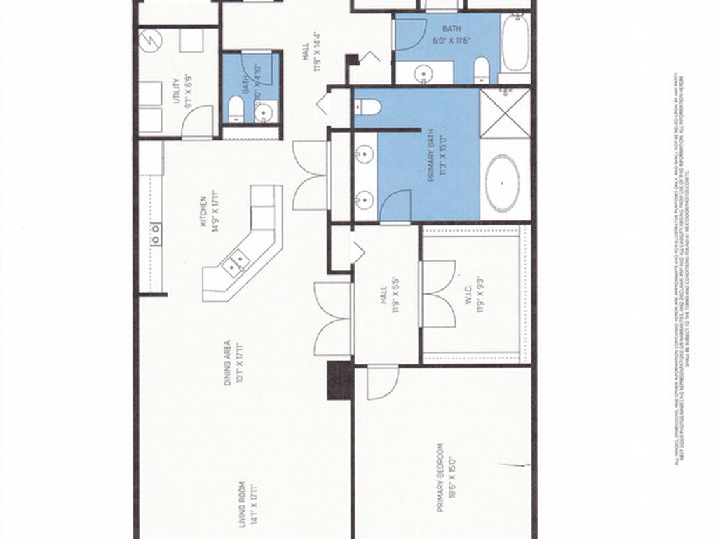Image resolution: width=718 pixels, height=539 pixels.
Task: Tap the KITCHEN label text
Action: click(205, 211)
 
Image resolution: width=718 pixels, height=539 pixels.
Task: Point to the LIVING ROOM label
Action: click(245, 504)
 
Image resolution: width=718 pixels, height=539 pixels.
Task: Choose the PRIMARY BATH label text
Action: click(435, 160)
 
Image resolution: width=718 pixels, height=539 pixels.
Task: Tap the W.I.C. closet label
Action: click(480, 293)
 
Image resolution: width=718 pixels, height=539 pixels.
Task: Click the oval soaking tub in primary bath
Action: click(503, 184)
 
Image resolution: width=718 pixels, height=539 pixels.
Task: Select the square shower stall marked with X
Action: click(506, 113)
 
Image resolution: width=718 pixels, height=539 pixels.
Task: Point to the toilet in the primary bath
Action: click(367, 107)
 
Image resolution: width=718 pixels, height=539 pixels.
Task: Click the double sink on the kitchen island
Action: click(236, 263)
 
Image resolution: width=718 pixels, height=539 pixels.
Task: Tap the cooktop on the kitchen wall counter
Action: click(155, 233)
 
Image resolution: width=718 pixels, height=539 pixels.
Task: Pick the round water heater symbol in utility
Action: click(151, 41)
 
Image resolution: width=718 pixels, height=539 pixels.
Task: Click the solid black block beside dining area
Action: click(340, 380)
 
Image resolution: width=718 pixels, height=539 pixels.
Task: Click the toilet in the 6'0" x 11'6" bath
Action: click(482, 69)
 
